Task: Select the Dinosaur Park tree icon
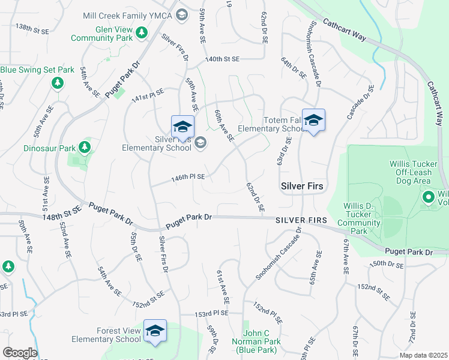pyautogui.click(x=85, y=147)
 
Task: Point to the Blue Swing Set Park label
pyautogui.click(x=37, y=70)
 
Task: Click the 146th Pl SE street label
pyautogui.click(x=188, y=177)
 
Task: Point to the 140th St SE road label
pyautogui.click(x=222, y=59)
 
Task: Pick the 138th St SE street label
pyautogui.click(x=32, y=28)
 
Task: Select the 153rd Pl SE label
pyautogui.click(x=211, y=313)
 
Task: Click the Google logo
pyautogui.click(x=20, y=353)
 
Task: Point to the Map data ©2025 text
pyautogui.click(x=423, y=355)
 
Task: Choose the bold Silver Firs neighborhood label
pyautogui.click(x=303, y=187)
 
